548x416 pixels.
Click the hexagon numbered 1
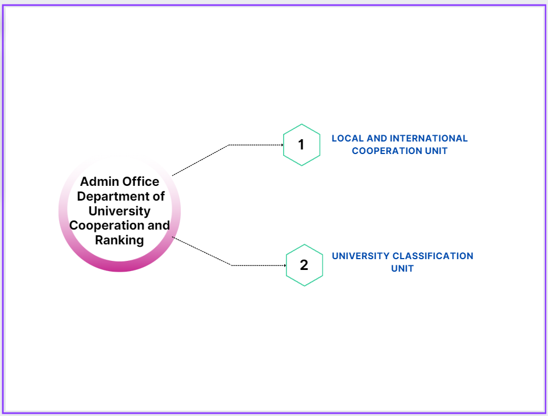302,144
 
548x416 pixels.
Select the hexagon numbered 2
304,265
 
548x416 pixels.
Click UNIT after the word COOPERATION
436,151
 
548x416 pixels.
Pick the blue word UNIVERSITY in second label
360,256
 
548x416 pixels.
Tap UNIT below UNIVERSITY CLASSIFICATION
402,269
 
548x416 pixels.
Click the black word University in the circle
119,211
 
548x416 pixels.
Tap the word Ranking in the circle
119,240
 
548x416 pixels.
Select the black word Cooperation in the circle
107,226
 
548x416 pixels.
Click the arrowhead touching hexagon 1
282,145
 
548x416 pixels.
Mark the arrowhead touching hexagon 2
285,265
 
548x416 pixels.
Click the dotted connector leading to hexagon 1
229,145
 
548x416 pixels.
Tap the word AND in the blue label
377,138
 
